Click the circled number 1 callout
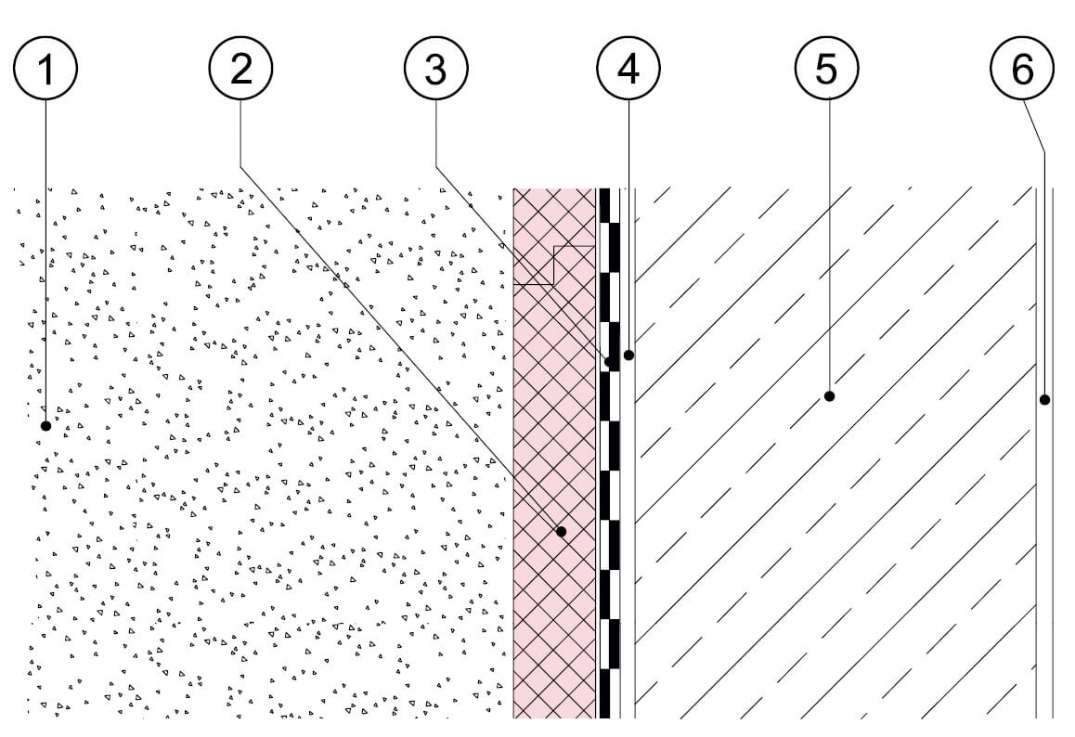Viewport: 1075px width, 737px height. point(45,68)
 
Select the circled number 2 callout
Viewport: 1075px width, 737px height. point(240,68)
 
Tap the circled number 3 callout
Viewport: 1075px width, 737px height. point(436,68)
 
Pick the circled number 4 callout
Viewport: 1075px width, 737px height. point(628,68)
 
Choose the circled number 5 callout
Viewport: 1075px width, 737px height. point(827,68)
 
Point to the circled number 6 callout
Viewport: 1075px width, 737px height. point(1022,68)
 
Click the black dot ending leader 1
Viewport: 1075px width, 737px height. point(45,426)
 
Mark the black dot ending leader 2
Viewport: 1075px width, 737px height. point(562,531)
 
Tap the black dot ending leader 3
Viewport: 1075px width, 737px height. point(609,361)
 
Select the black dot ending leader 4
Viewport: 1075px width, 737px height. point(628,356)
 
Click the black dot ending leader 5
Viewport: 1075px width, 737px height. point(829,395)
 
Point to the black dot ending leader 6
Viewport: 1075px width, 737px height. point(1044,399)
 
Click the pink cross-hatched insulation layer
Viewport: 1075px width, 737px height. point(554,452)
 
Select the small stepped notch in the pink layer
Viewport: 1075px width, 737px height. point(554,265)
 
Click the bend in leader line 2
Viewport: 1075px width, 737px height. point(240,165)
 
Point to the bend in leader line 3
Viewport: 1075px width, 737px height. point(436,165)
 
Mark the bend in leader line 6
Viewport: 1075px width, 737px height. point(1044,152)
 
